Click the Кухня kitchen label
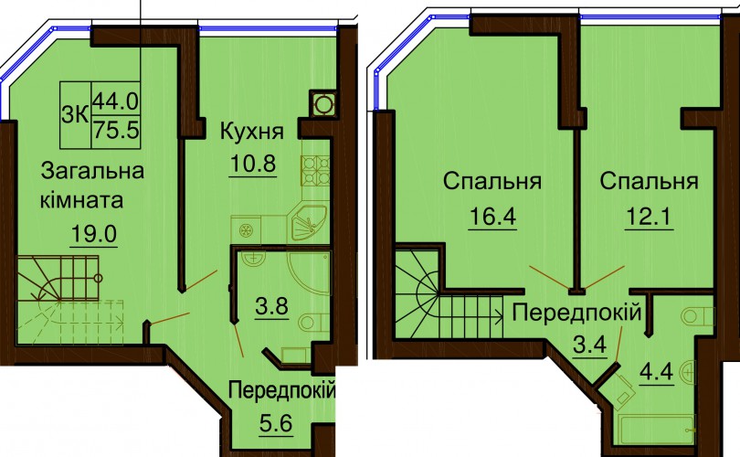252,132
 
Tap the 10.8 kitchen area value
253,164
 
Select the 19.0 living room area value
94,233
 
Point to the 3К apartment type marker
75,114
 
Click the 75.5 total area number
116,130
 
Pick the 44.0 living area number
116,101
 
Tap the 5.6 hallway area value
276,423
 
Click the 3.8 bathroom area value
271,306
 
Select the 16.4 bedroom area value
492,217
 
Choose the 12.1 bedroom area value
650,217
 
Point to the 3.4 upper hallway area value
589,345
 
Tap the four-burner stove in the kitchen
316,170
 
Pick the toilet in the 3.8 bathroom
312,322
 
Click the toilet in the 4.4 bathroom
698,316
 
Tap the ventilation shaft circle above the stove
323,104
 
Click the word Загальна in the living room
92,170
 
